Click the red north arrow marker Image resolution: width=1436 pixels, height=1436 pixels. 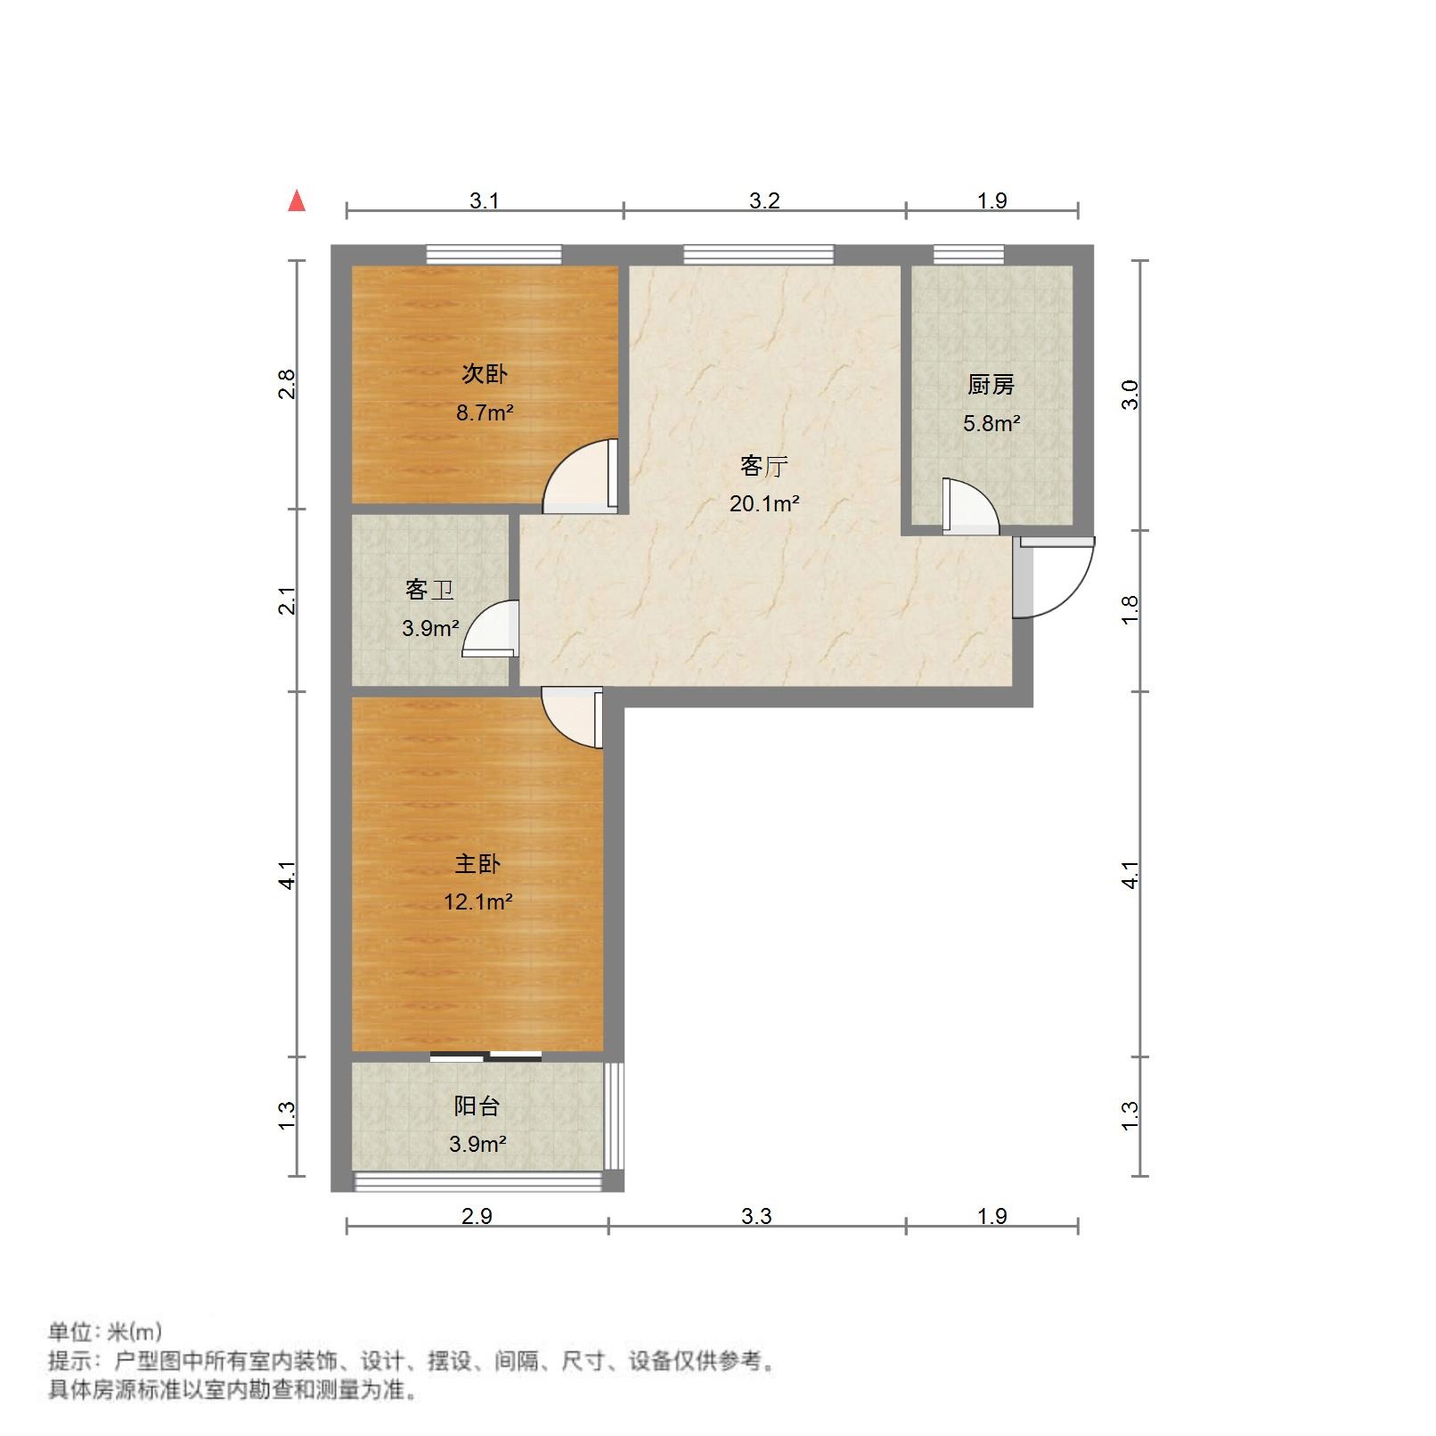coord(297,201)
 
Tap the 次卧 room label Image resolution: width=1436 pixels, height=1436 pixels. coord(484,373)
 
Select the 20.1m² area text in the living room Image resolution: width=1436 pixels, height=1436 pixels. coord(763,503)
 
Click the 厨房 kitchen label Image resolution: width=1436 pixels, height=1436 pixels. coord(991,385)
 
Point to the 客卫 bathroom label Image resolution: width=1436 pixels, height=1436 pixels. coord(429,590)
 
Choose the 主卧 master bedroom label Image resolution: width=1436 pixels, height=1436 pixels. coord(477,863)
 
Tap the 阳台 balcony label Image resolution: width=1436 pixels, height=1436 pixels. coord(477,1106)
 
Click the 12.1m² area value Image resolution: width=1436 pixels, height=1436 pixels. coord(477,902)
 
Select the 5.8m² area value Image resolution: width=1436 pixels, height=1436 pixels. coord(991,423)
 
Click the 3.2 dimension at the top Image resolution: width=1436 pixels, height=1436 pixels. coord(763,200)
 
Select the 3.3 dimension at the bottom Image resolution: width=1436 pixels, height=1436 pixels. coord(756,1216)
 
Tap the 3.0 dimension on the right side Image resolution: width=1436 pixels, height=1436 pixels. coord(1130,394)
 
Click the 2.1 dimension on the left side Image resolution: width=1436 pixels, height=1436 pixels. coord(287,600)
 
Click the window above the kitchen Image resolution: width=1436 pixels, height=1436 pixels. coord(968,255)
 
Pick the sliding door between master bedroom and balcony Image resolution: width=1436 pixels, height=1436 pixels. coord(485,1057)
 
